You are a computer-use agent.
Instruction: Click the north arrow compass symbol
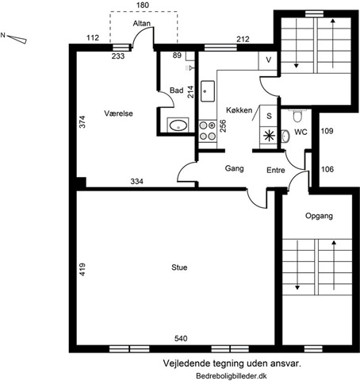click(x=17, y=39)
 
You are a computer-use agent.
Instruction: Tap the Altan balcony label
click(x=142, y=23)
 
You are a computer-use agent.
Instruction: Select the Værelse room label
click(x=118, y=114)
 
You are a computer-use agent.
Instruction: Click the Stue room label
click(x=179, y=267)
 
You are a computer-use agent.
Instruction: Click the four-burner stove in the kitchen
click(x=208, y=131)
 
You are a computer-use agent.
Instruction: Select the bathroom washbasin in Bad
click(x=178, y=125)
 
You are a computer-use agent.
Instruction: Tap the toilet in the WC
click(x=297, y=115)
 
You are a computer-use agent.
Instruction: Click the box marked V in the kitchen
click(x=268, y=60)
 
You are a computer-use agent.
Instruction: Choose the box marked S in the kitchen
click(x=269, y=116)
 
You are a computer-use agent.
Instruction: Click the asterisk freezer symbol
click(x=269, y=136)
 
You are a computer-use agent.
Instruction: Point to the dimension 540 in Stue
click(x=181, y=338)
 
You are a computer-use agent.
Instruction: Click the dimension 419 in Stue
click(x=82, y=269)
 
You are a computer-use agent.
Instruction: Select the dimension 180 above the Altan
click(x=143, y=6)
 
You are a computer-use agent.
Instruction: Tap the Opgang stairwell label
click(x=319, y=216)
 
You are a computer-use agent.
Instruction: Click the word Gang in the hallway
click(x=234, y=168)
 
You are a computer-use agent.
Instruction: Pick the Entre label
click(x=276, y=170)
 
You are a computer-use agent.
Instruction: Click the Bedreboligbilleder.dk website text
click(x=232, y=375)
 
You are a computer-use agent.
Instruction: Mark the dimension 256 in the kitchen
click(x=223, y=126)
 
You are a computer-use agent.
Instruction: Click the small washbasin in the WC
click(x=285, y=136)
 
